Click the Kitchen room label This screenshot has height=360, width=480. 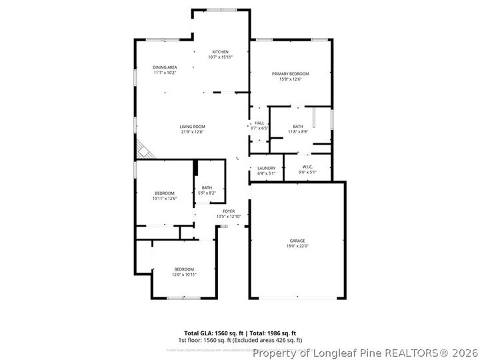click(x=221, y=52)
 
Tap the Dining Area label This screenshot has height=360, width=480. click(x=165, y=67)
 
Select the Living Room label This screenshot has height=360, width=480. click(x=192, y=127)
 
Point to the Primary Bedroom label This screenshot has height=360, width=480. click(x=291, y=73)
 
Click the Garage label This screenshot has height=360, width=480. click(x=297, y=241)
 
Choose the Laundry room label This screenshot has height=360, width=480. click(x=266, y=168)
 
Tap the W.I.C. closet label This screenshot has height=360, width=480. click(x=307, y=167)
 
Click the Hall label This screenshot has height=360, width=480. click(x=259, y=123)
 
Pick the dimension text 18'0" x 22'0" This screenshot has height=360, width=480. click(x=297, y=246)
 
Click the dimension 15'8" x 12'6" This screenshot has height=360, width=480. click(x=291, y=79)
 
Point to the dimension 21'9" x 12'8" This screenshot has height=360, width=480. click(x=192, y=132)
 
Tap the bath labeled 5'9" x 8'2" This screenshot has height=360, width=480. click(x=207, y=193)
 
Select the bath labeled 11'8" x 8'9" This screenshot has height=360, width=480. click(x=297, y=132)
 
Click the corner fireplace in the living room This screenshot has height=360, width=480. click(x=143, y=150)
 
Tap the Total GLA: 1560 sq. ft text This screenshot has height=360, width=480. click(x=213, y=333)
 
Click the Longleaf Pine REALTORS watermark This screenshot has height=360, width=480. click(x=365, y=353)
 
